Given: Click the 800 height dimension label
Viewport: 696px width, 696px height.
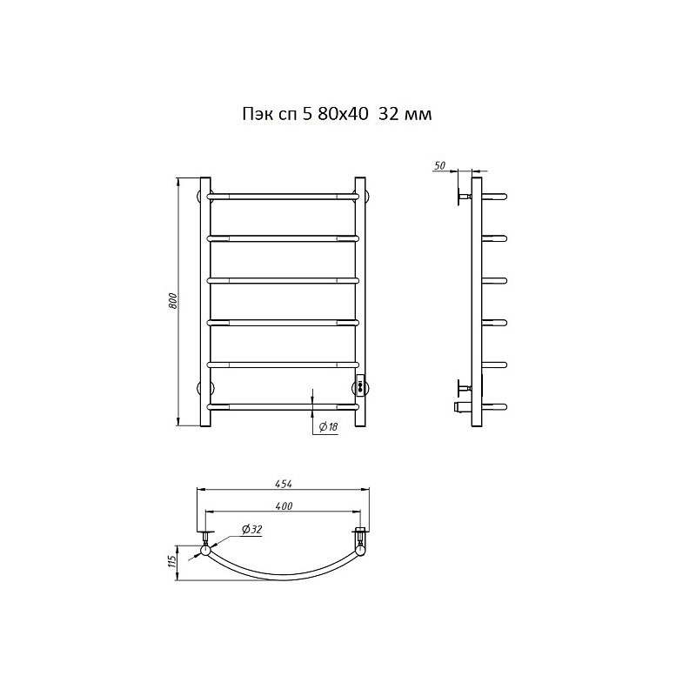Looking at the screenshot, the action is tap(173, 301).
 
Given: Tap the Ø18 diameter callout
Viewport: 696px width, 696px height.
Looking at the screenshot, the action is tap(329, 427).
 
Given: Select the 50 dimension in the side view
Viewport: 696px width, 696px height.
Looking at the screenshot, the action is tap(439, 165).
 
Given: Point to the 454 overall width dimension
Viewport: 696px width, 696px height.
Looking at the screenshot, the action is tap(284, 484).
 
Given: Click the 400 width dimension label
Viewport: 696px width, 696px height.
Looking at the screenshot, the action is tap(284, 505).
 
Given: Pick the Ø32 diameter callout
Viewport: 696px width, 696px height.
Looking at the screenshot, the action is tap(252, 529).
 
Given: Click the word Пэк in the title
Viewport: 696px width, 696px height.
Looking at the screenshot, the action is tap(254, 115).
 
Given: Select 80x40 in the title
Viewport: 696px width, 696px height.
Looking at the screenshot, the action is tap(343, 114).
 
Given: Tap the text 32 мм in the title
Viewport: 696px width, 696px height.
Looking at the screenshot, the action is tap(405, 114).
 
